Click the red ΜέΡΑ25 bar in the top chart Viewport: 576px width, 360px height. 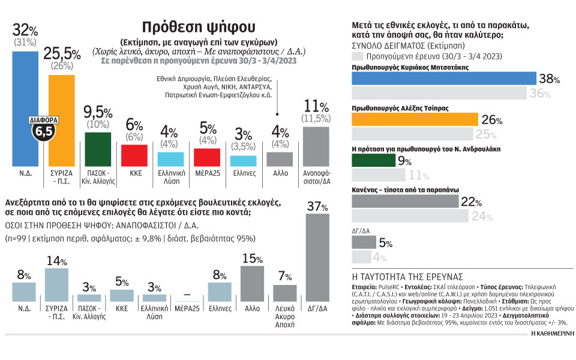[x=207, y=157]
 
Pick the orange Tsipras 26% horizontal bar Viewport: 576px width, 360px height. [x=414, y=119]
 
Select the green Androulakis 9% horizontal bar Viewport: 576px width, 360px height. [x=373, y=161]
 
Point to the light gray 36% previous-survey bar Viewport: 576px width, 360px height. [x=439, y=93]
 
